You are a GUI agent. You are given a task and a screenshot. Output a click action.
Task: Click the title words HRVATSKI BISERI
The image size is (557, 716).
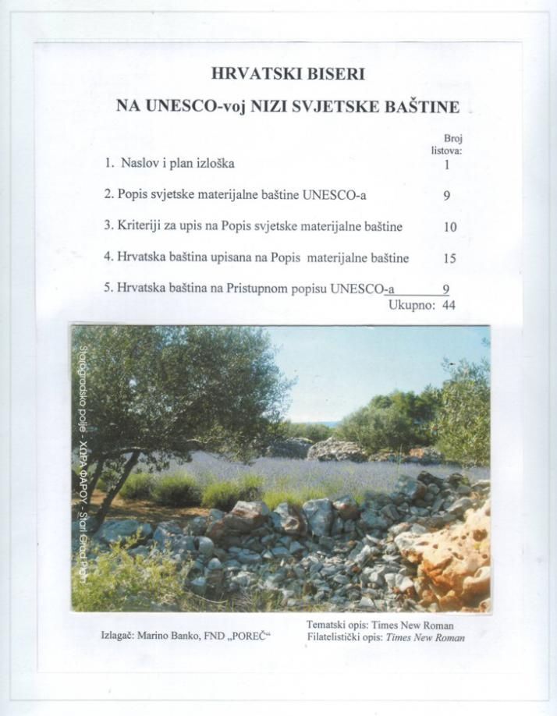pyautogui.click(x=288, y=74)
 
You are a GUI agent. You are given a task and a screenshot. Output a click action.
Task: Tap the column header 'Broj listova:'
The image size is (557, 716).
pyautogui.click(x=447, y=145)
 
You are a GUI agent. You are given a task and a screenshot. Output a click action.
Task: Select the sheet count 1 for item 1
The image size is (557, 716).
pyautogui.click(x=447, y=165)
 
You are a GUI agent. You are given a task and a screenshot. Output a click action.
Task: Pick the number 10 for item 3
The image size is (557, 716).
pyautogui.click(x=449, y=228)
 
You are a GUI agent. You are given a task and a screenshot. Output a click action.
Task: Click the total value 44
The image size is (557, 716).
pyautogui.click(x=449, y=306)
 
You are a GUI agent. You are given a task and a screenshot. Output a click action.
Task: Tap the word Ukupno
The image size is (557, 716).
pyautogui.click(x=411, y=306)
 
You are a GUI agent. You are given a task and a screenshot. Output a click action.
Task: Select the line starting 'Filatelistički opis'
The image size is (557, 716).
pyautogui.click(x=386, y=638)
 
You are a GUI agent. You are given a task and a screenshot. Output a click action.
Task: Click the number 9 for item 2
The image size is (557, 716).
pyautogui.click(x=447, y=197)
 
